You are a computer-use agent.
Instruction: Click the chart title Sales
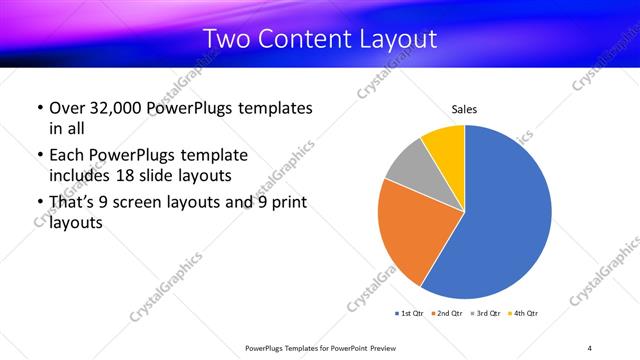click(465, 108)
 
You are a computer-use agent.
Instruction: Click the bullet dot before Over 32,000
click(39, 108)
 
